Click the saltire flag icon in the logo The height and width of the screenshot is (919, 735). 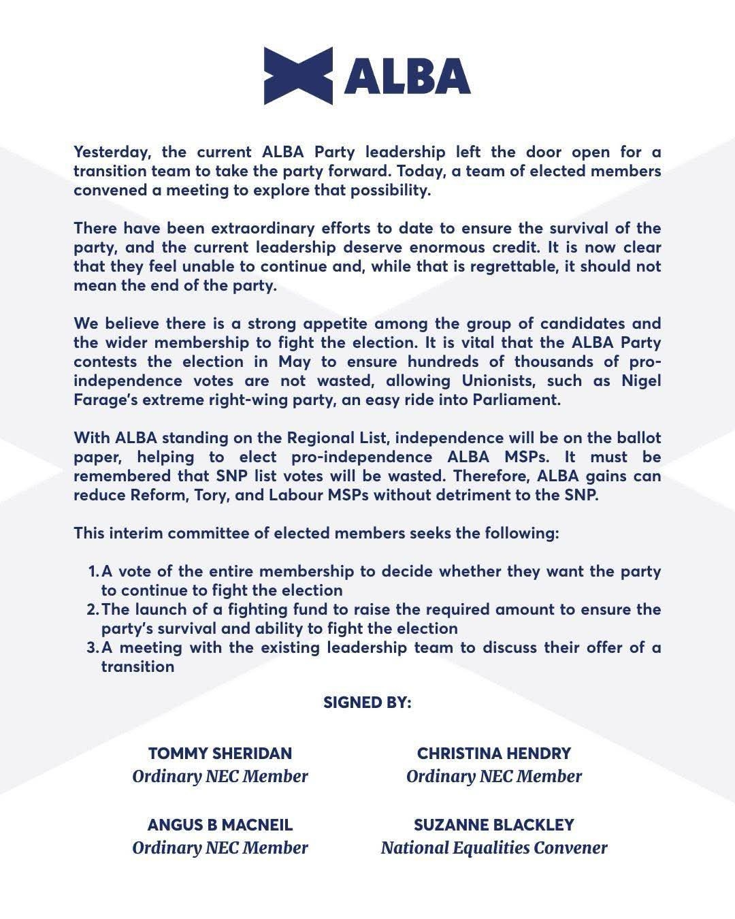(x=298, y=76)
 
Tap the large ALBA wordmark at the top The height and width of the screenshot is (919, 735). (x=407, y=76)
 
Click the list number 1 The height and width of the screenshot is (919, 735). (x=93, y=570)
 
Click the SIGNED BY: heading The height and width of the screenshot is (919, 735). (x=367, y=702)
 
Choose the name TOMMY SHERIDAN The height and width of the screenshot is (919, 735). (x=220, y=753)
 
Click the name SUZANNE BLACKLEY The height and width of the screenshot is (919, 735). (x=494, y=824)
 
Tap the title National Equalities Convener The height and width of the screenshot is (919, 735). (x=494, y=848)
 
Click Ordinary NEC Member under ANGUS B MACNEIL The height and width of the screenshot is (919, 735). (x=220, y=848)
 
